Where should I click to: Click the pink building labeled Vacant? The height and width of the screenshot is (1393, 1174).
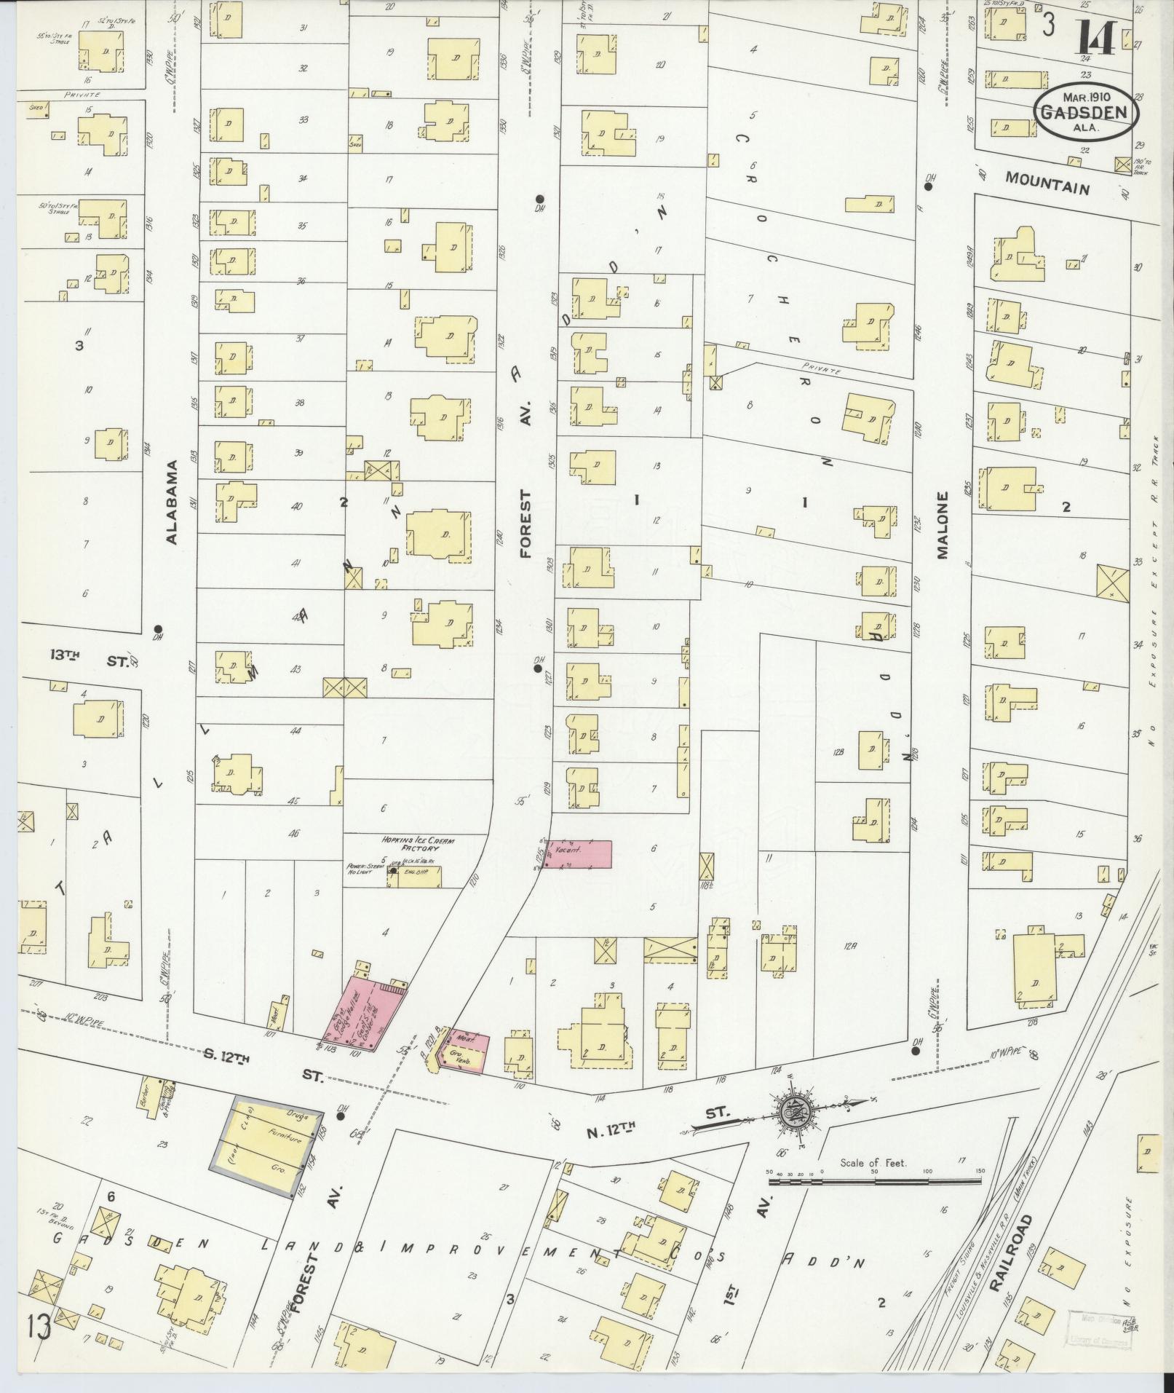click(578, 853)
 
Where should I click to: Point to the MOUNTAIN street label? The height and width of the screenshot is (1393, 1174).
click(1047, 182)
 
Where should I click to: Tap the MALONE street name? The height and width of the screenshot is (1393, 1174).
click(943, 525)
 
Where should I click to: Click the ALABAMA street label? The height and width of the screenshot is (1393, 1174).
click(172, 502)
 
